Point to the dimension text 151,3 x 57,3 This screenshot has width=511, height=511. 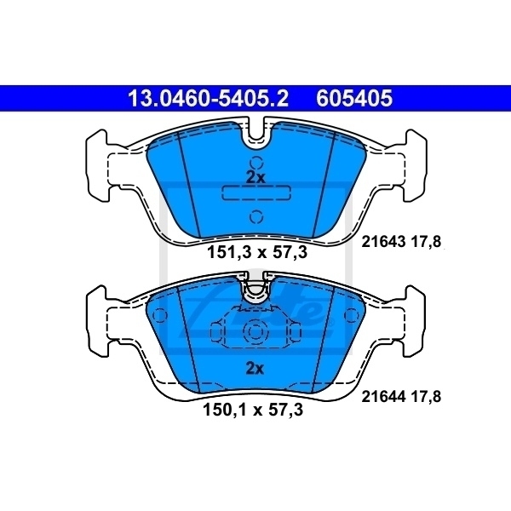(255, 252)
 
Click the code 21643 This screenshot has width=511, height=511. (381, 242)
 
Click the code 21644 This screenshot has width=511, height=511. (381, 395)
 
